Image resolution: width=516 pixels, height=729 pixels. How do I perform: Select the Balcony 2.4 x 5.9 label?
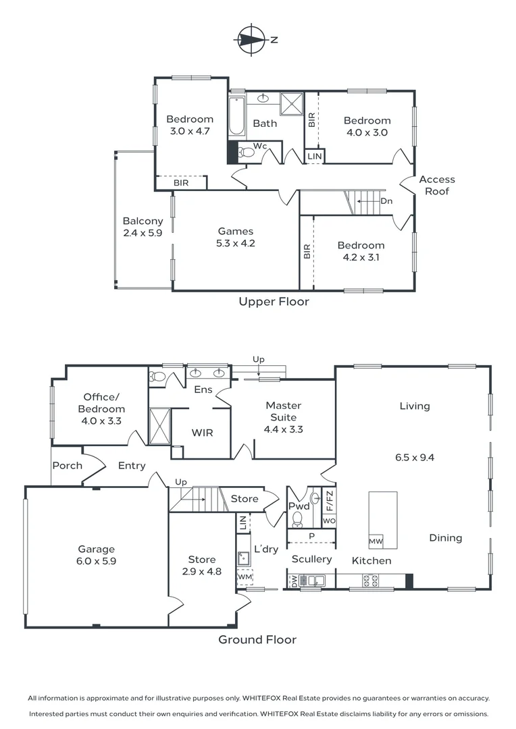[x=143, y=227]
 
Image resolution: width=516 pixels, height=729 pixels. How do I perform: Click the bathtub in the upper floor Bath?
[x=237, y=116]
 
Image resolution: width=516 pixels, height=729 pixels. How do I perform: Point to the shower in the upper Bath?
[x=292, y=104]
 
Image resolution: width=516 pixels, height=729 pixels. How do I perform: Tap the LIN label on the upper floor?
[x=315, y=157]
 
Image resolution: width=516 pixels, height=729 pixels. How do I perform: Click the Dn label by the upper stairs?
[x=386, y=201]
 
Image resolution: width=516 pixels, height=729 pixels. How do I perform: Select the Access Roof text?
[x=437, y=185]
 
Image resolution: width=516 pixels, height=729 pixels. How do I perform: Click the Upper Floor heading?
[x=274, y=301]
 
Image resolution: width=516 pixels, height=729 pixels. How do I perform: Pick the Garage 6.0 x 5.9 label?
[x=97, y=555]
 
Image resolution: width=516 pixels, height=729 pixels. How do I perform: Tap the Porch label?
[x=68, y=465]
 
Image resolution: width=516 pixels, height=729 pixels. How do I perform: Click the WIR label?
[x=203, y=433]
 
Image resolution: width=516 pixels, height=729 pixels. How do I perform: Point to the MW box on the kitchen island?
[x=376, y=541]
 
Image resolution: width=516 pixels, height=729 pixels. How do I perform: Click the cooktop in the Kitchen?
[x=370, y=580]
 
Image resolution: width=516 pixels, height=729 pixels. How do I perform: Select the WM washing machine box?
[x=244, y=576]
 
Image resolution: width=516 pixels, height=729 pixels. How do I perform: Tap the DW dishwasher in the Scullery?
[x=294, y=580]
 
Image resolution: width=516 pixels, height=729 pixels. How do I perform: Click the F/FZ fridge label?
[x=330, y=501]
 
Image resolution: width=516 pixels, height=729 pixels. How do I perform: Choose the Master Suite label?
[x=284, y=418]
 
